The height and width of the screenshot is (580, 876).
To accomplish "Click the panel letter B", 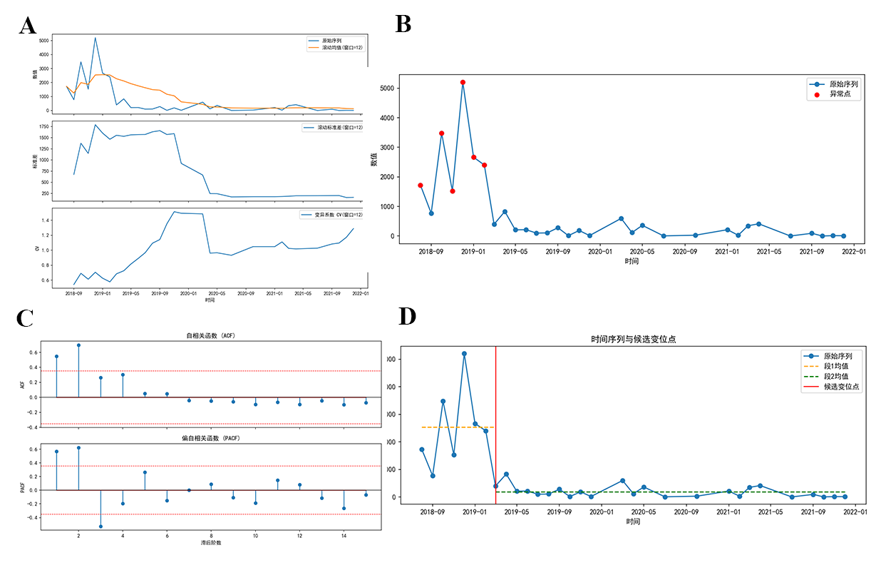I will (403, 24).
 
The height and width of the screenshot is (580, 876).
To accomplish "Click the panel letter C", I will (26, 318).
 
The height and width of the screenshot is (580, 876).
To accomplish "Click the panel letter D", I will (407, 317).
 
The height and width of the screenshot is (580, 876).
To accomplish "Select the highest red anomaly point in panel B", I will (463, 83).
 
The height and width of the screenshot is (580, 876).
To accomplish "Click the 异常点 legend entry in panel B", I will (840, 94).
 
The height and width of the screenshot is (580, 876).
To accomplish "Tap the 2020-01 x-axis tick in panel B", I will (599, 251).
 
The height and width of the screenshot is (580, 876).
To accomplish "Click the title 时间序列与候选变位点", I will (633, 340).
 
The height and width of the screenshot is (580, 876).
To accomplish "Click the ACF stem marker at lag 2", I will (78, 345).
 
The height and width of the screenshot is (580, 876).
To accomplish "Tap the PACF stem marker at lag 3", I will (101, 526).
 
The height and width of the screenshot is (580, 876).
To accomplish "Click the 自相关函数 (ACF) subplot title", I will (212, 335).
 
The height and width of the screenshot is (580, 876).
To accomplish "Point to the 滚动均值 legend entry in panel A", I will (332, 48).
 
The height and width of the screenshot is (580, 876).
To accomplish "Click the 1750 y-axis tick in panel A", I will (43, 126).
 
